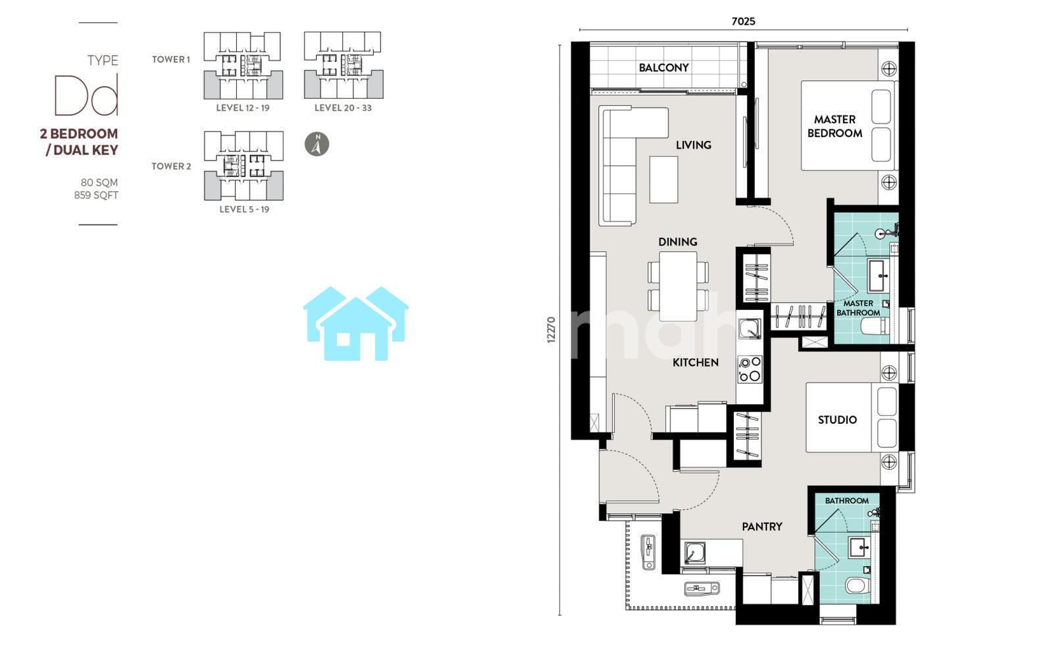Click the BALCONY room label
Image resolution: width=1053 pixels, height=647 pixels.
[x=663, y=68]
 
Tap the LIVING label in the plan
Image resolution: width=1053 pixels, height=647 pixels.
[x=694, y=145]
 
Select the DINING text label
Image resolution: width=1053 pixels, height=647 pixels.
[x=677, y=242]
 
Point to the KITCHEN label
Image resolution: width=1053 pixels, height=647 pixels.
[x=695, y=363]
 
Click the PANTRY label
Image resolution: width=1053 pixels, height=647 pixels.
[x=762, y=527]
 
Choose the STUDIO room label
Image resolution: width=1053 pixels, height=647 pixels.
[x=837, y=420]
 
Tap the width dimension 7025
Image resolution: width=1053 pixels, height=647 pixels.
[x=743, y=21]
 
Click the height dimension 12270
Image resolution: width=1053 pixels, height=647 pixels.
[x=552, y=330]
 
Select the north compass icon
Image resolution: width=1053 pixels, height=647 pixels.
[x=317, y=144]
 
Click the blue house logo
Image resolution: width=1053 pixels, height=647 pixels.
[x=356, y=324]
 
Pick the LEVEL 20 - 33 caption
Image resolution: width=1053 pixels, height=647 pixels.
[x=343, y=108]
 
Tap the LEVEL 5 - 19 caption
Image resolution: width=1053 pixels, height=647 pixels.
[x=244, y=209]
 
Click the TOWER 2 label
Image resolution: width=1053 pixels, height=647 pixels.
[x=171, y=167]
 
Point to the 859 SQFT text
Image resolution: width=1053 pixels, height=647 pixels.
[x=96, y=195]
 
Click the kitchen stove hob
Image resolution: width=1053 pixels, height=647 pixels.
[x=750, y=369]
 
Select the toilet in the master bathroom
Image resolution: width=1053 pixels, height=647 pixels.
[x=875, y=326]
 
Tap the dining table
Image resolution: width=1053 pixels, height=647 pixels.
[x=677, y=286]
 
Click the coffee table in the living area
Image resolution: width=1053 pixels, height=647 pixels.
[x=664, y=180]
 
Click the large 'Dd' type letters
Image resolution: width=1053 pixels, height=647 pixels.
[x=86, y=95]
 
